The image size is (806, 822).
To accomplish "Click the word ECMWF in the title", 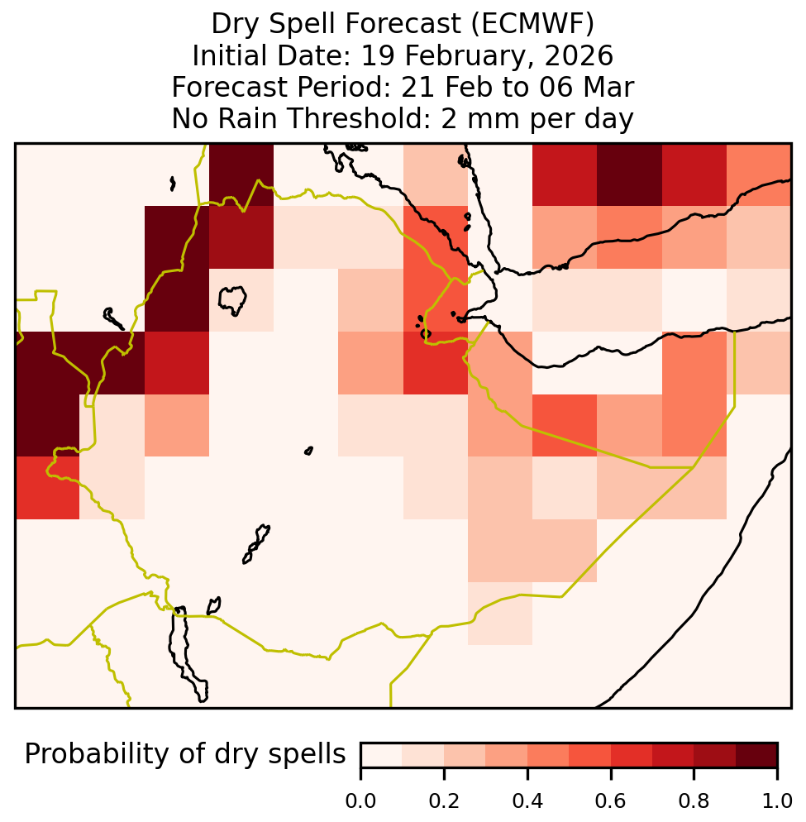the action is point(532,24).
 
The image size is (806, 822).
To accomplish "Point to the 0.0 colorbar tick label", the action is point(360,800).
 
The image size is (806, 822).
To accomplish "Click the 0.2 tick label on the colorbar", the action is point(444,800).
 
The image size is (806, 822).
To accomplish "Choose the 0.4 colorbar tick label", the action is point(527,800).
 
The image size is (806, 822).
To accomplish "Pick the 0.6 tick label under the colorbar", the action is point(611,800).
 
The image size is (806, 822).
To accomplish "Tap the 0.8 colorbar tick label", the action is point(694,800).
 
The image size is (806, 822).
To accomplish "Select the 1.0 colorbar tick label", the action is point(777,800).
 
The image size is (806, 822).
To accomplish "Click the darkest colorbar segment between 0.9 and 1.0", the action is point(756,755).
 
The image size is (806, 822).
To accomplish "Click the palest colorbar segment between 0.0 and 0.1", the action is point(382,755).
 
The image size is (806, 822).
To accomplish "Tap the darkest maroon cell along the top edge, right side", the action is point(629,174).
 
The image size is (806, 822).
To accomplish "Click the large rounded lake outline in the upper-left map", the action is point(232,300).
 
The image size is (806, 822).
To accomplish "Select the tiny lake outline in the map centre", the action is point(308,451).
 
